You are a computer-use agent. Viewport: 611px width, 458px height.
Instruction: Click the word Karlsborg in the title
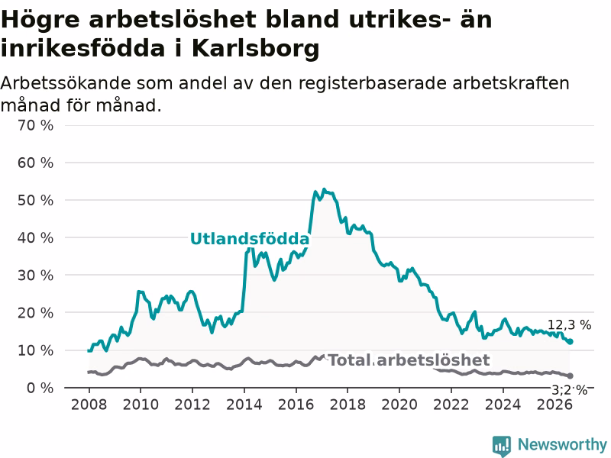tap(256, 49)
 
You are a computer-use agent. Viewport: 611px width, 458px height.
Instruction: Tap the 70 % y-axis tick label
tap(35, 125)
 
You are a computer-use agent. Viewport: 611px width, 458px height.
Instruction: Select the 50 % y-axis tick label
tap(35, 200)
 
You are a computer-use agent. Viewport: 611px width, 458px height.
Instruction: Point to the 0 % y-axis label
tap(40, 388)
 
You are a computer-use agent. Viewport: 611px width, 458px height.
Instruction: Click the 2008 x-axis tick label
tap(89, 405)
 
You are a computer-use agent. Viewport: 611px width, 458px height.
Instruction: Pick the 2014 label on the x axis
tap(244, 405)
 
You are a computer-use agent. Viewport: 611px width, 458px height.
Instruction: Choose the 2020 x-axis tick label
tap(399, 405)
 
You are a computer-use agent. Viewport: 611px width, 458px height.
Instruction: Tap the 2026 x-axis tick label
tap(554, 405)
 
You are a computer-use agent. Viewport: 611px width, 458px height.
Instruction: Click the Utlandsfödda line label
tap(250, 239)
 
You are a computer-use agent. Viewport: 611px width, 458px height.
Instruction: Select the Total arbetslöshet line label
tap(409, 360)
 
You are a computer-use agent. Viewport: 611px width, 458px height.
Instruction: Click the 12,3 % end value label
tap(569, 325)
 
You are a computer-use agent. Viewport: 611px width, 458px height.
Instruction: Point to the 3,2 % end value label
tap(569, 390)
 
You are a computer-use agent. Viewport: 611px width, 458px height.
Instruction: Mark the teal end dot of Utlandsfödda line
tap(570, 341)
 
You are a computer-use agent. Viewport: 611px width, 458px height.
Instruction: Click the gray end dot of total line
tap(570, 376)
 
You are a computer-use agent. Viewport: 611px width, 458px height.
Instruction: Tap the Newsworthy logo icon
tap(502, 446)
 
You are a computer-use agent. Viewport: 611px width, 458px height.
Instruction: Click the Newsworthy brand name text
tap(562, 444)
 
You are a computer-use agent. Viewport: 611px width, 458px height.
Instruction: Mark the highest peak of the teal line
tap(324, 189)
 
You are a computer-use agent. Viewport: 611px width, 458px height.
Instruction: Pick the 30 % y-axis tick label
tap(35, 276)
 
